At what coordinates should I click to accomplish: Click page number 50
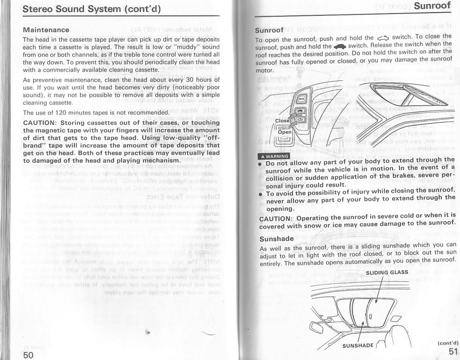28,354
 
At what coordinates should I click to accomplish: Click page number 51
452,352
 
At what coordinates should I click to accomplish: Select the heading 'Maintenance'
46,30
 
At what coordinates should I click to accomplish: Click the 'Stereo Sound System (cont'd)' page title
92,9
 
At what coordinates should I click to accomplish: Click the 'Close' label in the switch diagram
283,121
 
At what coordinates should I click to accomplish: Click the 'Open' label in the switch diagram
285,132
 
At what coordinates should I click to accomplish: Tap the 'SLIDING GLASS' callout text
387,273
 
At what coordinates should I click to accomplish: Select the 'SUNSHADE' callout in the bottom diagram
358,346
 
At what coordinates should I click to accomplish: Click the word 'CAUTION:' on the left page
40,122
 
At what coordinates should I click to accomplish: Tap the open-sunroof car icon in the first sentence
382,38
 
